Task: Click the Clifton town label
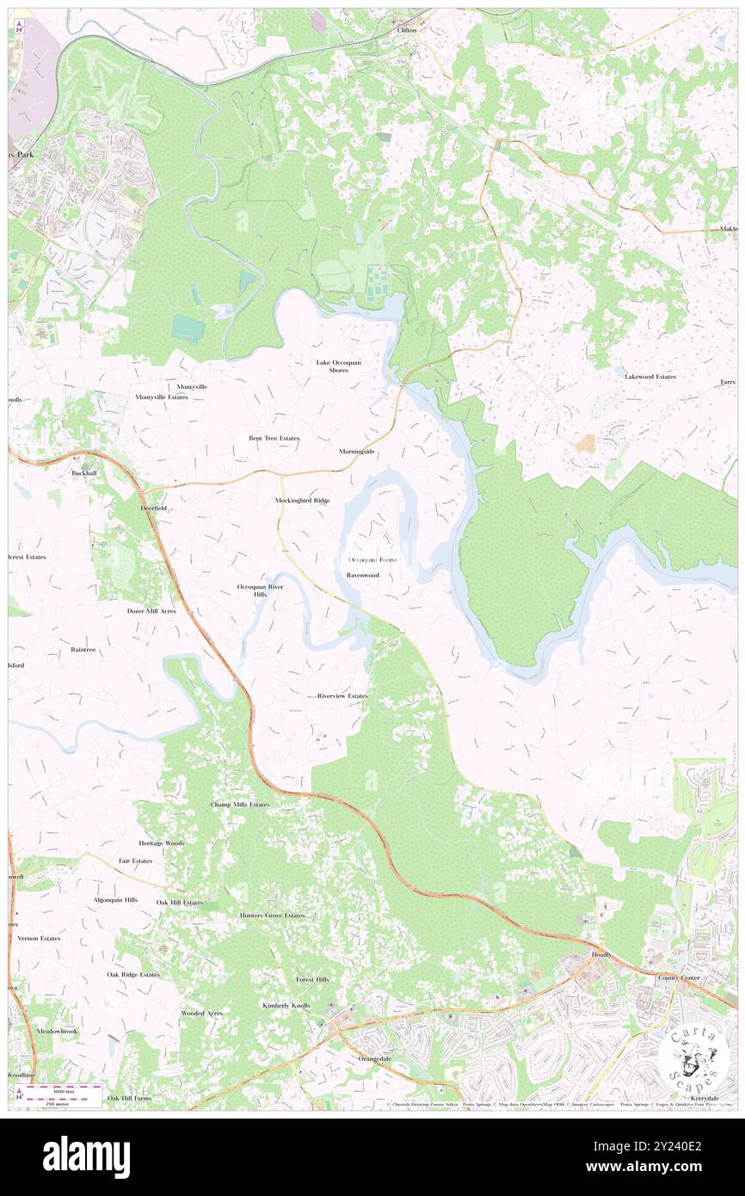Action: coord(406,29)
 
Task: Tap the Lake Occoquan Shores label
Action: coord(337,366)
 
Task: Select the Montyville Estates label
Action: coord(161,398)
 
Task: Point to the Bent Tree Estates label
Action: coord(274,438)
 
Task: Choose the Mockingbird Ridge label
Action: coord(302,500)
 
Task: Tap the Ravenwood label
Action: coord(362,574)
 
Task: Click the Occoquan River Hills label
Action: coord(261,590)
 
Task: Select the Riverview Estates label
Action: coord(342,695)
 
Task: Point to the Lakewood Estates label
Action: coord(650,377)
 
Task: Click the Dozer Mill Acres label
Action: coord(151,611)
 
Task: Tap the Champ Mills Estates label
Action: coord(240,805)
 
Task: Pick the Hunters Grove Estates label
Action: coord(272,915)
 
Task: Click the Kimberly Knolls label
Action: coord(286,1005)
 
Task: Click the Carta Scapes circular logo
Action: coord(696,1057)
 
